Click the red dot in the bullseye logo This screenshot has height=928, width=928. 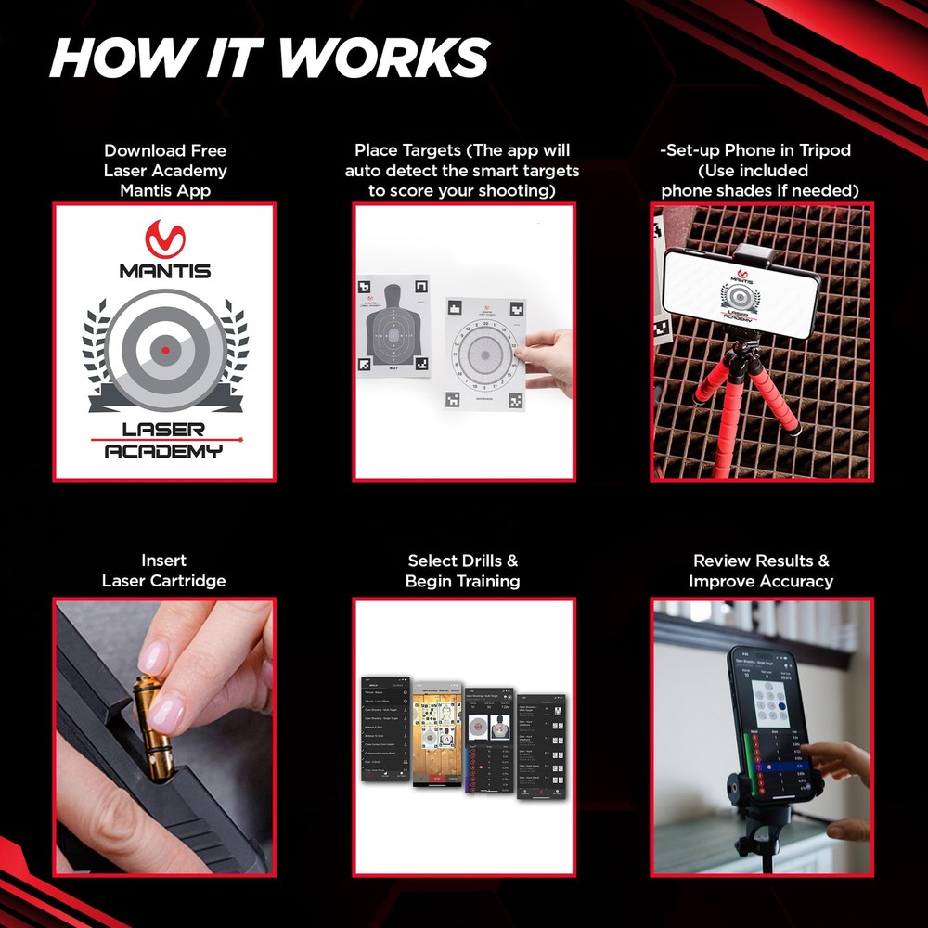(165, 349)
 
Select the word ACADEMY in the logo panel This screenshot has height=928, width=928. (164, 451)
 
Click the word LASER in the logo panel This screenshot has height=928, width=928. (164, 429)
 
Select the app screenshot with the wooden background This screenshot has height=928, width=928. (437, 739)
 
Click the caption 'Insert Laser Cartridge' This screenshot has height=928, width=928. (164, 571)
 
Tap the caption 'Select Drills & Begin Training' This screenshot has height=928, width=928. (463, 571)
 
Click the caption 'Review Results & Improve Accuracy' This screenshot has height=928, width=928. (761, 571)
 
